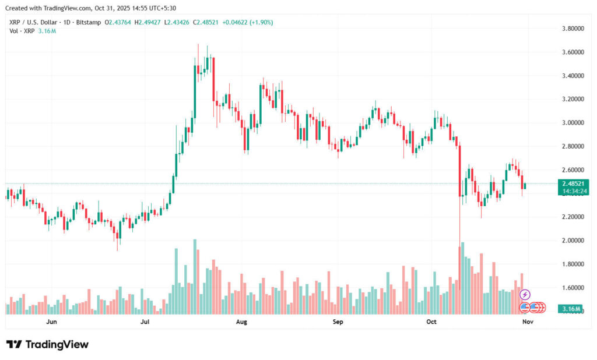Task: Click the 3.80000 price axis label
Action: [573, 28]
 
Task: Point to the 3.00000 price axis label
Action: [573, 123]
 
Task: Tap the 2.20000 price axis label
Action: [573, 217]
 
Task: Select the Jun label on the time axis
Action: [51, 322]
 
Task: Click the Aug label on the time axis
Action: [241, 322]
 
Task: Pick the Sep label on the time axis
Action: [337, 322]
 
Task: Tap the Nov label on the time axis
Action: [527, 322]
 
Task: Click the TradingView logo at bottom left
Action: [47, 344]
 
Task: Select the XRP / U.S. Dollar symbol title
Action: [35, 22]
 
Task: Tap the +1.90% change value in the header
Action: [261, 22]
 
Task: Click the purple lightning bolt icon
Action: [525, 295]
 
